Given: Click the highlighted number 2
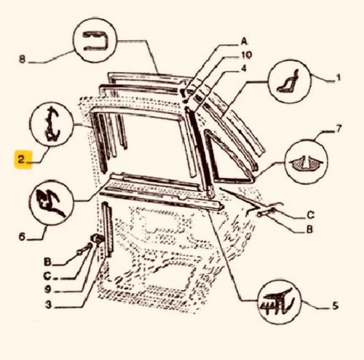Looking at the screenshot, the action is pyautogui.click(x=21, y=160).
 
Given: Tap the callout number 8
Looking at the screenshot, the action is pyautogui.click(x=22, y=59).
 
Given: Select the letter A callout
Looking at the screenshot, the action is pyautogui.click(x=244, y=42).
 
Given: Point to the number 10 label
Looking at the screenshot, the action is pyautogui.click(x=246, y=55).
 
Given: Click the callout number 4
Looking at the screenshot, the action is pyautogui.click(x=244, y=69).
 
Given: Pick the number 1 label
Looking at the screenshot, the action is pyautogui.click(x=339, y=78).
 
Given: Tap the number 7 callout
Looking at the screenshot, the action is pyautogui.click(x=339, y=129).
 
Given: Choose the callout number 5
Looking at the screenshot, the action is pyautogui.click(x=335, y=305).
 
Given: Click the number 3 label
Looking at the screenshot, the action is pyautogui.click(x=49, y=305).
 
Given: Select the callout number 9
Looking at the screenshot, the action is pyautogui.click(x=47, y=290).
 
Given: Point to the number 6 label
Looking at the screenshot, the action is pyautogui.click(x=22, y=236).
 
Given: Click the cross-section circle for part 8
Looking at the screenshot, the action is pyautogui.click(x=95, y=40).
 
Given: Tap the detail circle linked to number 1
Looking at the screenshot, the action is pyautogui.click(x=290, y=82).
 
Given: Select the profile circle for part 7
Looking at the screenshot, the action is pyautogui.click(x=306, y=162).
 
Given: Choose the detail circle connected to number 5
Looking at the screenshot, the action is pyautogui.click(x=280, y=302).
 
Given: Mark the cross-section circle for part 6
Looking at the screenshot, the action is pyautogui.click(x=51, y=203).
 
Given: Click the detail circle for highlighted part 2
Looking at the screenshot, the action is pyautogui.click(x=51, y=125).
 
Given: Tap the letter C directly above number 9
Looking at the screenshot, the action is pyautogui.click(x=47, y=276).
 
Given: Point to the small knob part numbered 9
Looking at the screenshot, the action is pyautogui.click(x=96, y=238).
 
